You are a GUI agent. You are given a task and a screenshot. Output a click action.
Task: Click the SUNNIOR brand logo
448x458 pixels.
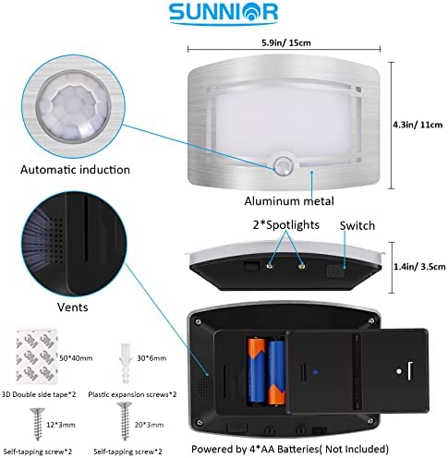(x=224, y=13)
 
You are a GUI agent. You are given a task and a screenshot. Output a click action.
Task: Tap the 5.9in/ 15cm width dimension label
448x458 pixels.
(x=286, y=42)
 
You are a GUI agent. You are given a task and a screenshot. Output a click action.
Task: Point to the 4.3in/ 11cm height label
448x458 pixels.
(x=418, y=125)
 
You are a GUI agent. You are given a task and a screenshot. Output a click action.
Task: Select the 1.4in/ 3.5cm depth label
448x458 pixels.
(x=419, y=267)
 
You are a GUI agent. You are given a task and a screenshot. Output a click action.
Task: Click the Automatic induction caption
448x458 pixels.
(x=75, y=170)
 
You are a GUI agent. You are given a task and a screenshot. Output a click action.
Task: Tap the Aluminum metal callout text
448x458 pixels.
(x=289, y=201)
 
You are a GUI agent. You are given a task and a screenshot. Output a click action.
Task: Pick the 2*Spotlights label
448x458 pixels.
(x=286, y=225)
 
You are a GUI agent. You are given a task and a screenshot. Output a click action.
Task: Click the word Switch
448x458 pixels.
(x=357, y=225)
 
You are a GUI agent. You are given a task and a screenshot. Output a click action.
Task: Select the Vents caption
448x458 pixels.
(x=73, y=307)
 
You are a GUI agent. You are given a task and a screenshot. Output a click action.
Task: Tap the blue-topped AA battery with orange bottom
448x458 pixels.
(x=277, y=372)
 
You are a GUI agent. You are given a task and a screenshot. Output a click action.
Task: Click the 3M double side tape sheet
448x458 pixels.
(x=37, y=356)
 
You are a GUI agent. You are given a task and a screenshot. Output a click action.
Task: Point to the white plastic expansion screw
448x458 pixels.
(x=126, y=363)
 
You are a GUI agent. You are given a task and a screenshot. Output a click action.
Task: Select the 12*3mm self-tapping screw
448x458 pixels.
(x=38, y=424)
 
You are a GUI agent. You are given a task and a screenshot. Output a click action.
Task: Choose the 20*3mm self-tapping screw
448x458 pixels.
(x=125, y=421)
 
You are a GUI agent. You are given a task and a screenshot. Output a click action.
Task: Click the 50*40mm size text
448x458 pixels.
(x=76, y=358)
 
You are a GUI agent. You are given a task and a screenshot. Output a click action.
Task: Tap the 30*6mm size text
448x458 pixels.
(x=151, y=358)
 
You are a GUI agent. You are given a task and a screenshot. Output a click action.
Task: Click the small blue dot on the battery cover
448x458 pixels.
(x=315, y=372)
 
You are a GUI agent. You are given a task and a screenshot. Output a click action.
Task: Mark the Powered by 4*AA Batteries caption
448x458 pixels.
(x=290, y=449)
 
